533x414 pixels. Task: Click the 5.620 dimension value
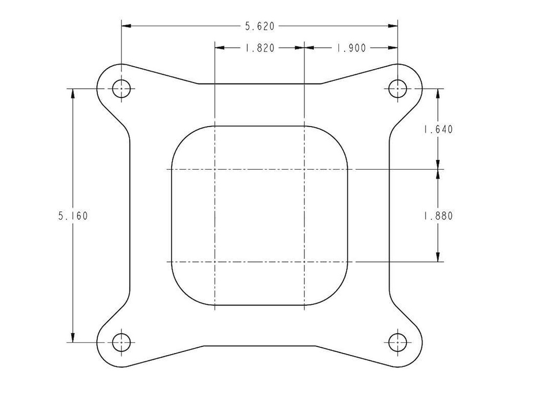(x=259, y=26)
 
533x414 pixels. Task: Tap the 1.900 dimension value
(x=351, y=48)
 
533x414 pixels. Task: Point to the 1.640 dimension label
(x=438, y=129)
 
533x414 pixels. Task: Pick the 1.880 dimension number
(x=438, y=216)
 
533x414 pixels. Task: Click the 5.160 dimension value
(x=73, y=216)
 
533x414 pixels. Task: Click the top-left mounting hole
(x=122, y=89)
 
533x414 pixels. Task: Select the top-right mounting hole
(x=398, y=89)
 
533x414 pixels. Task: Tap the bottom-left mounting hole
(x=122, y=342)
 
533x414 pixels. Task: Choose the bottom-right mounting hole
(x=398, y=342)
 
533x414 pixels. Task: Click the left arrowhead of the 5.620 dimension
(x=126, y=26)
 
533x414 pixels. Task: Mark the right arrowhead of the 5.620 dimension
(x=394, y=26)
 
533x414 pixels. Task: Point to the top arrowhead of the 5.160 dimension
(x=73, y=93)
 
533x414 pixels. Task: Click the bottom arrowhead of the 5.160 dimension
(x=73, y=338)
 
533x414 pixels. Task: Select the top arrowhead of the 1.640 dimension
(x=438, y=93)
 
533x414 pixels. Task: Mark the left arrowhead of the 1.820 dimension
(x=220, y=48)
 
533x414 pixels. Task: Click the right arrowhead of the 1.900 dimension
(x=394, y=48)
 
